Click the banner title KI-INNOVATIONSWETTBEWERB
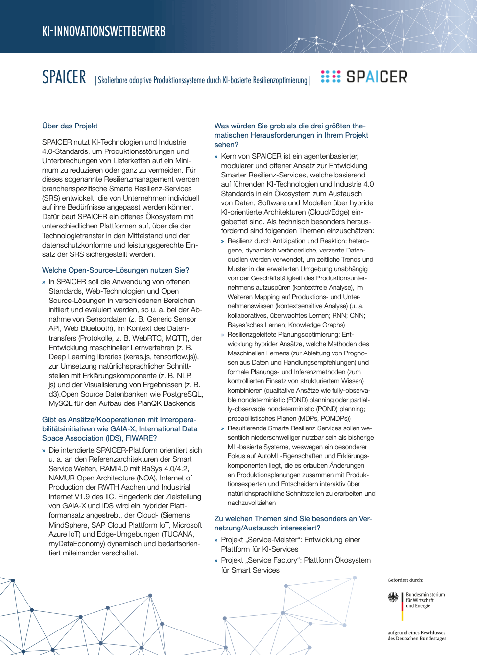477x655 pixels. coord(103,32)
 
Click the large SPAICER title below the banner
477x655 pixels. coord(64,77)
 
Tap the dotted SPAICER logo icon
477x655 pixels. coord(331,76)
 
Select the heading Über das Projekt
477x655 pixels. coord(70,126)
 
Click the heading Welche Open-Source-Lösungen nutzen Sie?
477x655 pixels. coord(115,270)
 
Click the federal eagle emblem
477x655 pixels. coord(393,597)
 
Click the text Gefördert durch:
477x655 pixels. coord(405,580)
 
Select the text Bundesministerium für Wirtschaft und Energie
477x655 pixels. coord(425,600)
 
